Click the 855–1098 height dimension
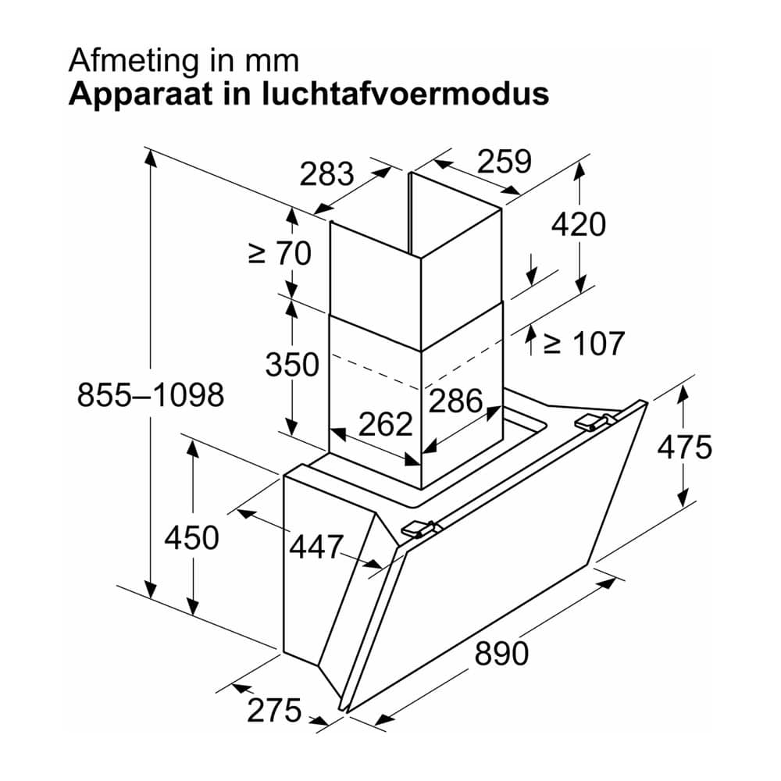pyautogui.click(x=151, y=395)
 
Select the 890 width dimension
pyautogui.click(x=501, y=654)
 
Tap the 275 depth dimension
pyautogui.click(x=274, y=710)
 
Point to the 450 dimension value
pyautogui.click(x=192, y=538)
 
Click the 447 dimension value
pyautogui.click(x=317, y=547)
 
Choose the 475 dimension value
pyautogui.click(x=684, y=447)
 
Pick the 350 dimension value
pyautogui.click(x=292, y=364)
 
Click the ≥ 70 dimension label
pyautogui.click(x=280, y=253)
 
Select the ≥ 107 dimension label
pyautogui.click(x=583, y=343)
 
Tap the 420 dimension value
pyautogui.click(x=578, y=224)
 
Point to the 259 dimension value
pyautogui.click(x=505, y=162)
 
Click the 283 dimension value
pyautogui.click(x=326, y=174)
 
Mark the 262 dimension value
pyautogui.click(x=386, y=424)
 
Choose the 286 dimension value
pyautogui.click(x=456, y=401)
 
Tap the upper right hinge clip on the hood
pyautogui.click(x=594, y=422)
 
